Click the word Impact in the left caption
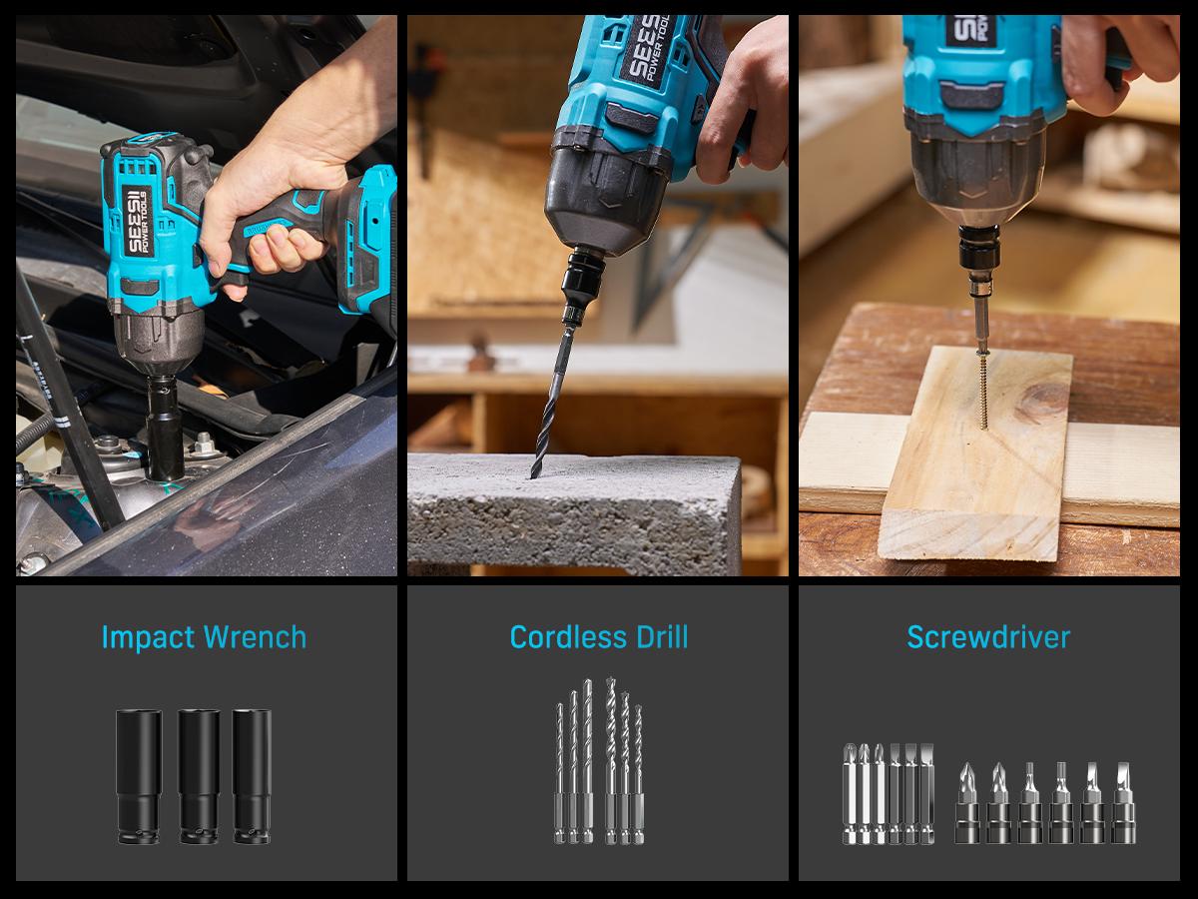point(148,637)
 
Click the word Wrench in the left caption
point(255,636)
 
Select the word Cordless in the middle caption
point(568,636)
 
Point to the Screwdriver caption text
point(988,636)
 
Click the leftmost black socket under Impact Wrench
point(139,777)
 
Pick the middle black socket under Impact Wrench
point(199,777)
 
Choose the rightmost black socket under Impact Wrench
point(252,777)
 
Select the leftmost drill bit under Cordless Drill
point(559,773)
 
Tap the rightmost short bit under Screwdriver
point(1123,802)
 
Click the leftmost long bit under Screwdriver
point(850,794)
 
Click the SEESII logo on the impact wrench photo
point(137,222)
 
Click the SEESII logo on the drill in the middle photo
point(648,48)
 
